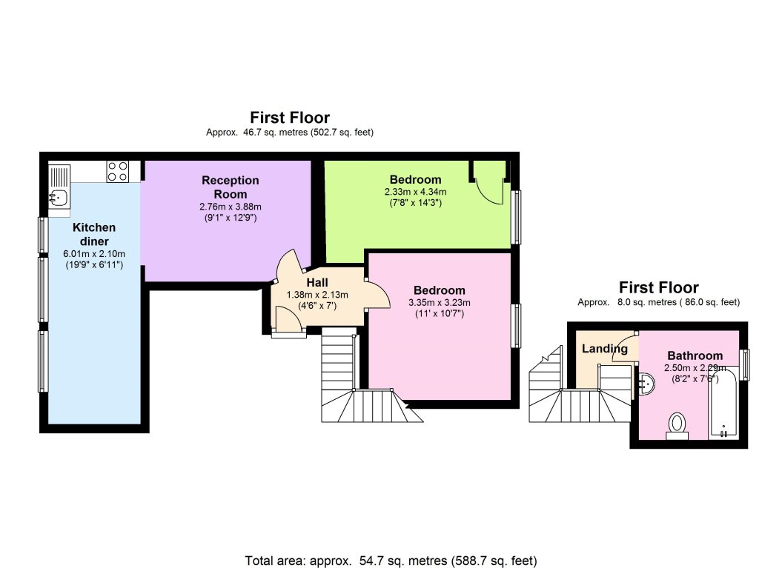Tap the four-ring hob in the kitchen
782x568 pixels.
click(118, 171)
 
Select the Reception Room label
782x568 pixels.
click(231, 187)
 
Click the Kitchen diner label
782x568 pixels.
click(94, 234)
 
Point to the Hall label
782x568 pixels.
click(317, 282)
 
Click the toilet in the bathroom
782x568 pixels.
click(677, 426)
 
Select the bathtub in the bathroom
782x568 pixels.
click(723, 404)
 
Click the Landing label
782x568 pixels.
click(604, 348)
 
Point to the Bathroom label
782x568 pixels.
click(695, 355)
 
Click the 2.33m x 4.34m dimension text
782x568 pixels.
click(415, 192)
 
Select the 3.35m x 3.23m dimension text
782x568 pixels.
click(440, 302)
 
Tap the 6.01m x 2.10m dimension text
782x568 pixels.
click(94, 253)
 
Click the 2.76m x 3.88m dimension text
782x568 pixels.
click(231, 207)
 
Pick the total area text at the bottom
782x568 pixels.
click(391, 561)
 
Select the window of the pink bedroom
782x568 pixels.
click(517, 325)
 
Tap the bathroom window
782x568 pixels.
click(745, 364)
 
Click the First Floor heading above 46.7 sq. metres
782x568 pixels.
click(290, 118)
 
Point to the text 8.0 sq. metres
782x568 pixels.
click(647, 302)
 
